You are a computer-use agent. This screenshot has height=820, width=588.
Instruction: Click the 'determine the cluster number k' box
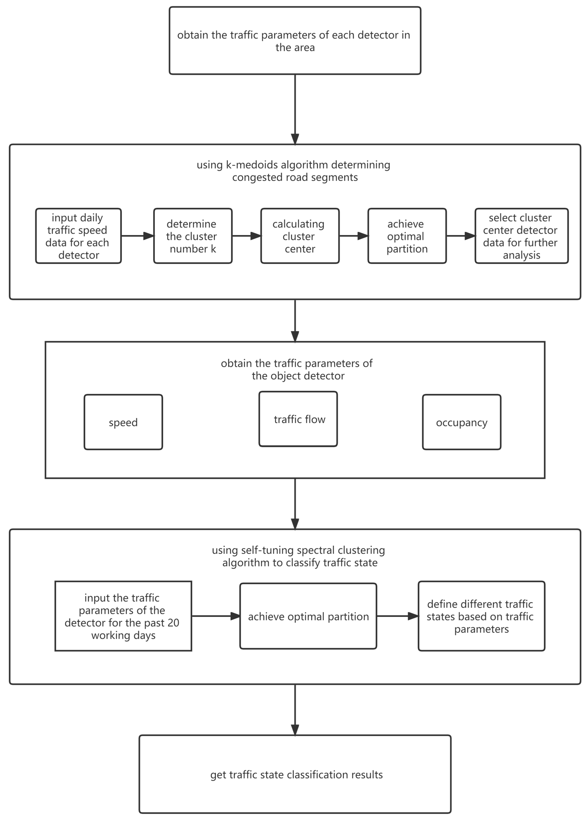(193, 236)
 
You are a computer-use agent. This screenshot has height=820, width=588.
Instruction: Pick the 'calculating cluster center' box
(300, 236)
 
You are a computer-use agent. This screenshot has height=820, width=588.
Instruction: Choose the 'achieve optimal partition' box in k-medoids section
(407, 236)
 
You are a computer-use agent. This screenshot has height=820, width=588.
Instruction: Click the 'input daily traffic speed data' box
(78, 236)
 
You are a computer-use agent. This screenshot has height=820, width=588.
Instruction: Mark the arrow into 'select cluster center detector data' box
(460, 236)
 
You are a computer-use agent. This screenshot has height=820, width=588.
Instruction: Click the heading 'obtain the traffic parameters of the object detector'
(297, 369)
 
